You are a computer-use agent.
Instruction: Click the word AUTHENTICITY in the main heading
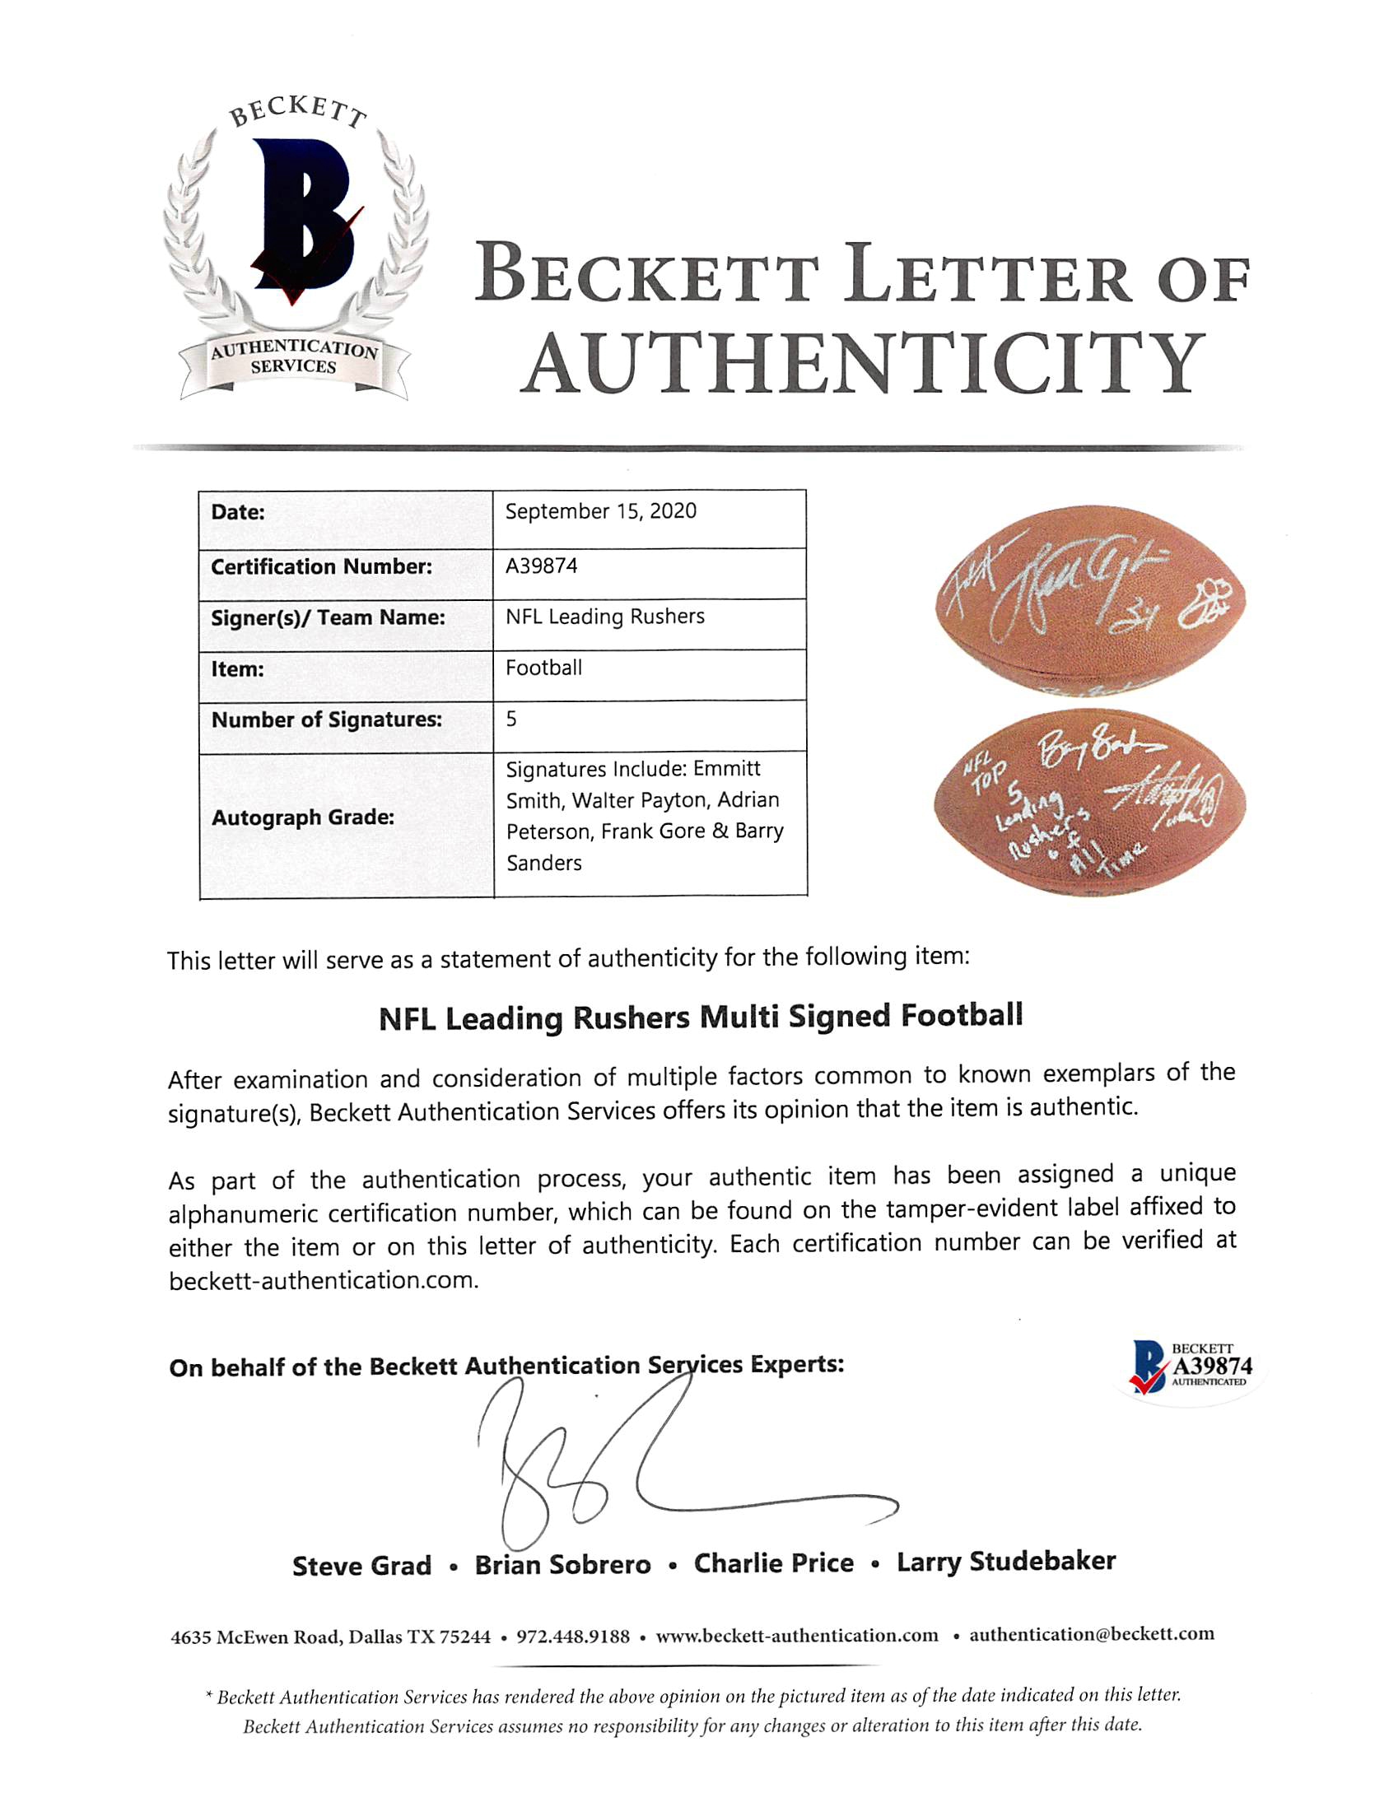865,364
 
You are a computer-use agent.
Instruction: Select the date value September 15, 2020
600,512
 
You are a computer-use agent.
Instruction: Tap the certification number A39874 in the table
542,566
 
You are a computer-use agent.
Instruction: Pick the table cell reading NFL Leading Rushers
604,617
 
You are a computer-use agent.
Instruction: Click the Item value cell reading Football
544,668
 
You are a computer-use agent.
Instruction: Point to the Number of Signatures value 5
512,720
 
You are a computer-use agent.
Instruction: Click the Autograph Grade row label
303,817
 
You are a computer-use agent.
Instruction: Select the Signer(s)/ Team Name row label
328,617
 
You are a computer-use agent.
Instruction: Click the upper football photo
1089,602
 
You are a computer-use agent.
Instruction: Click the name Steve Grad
361,1566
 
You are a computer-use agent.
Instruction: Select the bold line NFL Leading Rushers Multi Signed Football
701,1017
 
